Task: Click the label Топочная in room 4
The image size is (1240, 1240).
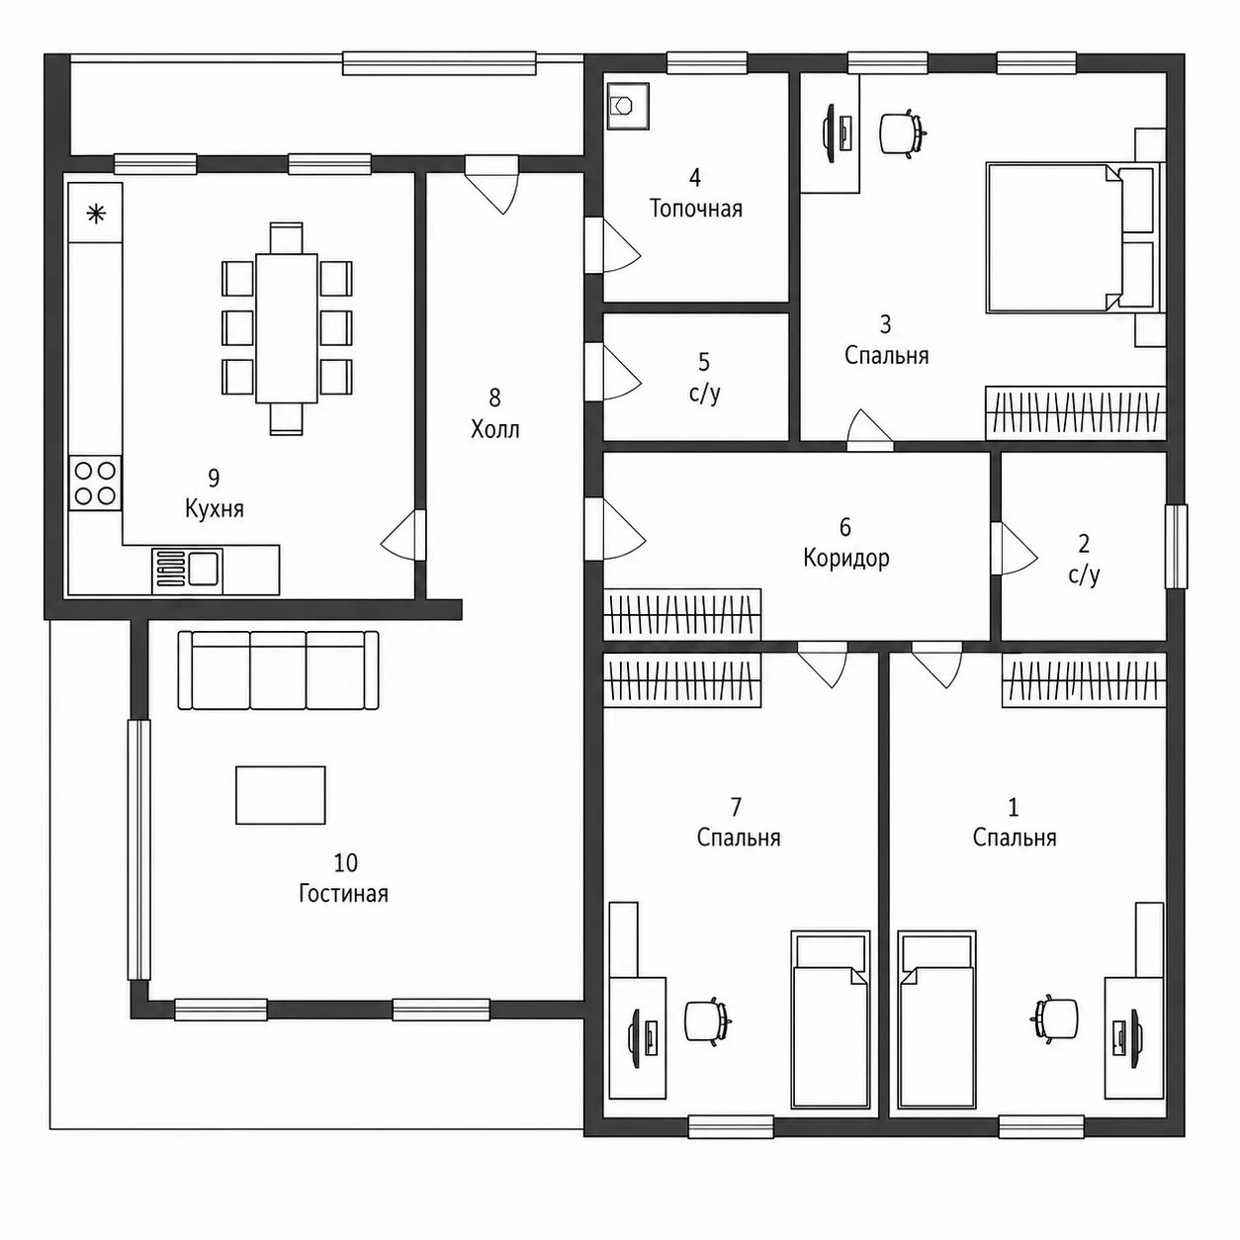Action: (695, 209)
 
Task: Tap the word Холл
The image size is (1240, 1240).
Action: (494, 429)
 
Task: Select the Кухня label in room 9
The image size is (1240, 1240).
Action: (215, 509)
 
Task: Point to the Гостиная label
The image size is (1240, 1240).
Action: (344, 894)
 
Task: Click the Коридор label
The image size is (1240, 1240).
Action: (846, 558)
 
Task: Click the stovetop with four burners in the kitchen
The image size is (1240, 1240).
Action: (95, 484)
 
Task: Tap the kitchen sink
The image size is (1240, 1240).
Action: (187, 571)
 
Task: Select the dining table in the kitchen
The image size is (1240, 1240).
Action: (287, 329)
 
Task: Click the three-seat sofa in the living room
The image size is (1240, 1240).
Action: (278, 669)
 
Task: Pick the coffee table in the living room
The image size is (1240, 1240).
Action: (280, 795)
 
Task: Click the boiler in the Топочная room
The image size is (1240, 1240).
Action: (627, 106)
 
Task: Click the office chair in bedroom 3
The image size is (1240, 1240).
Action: (902, 133)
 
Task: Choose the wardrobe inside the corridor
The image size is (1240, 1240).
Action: (682, 614)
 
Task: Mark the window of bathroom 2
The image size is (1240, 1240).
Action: (1177, 546)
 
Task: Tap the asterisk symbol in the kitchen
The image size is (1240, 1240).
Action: (96, 214)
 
